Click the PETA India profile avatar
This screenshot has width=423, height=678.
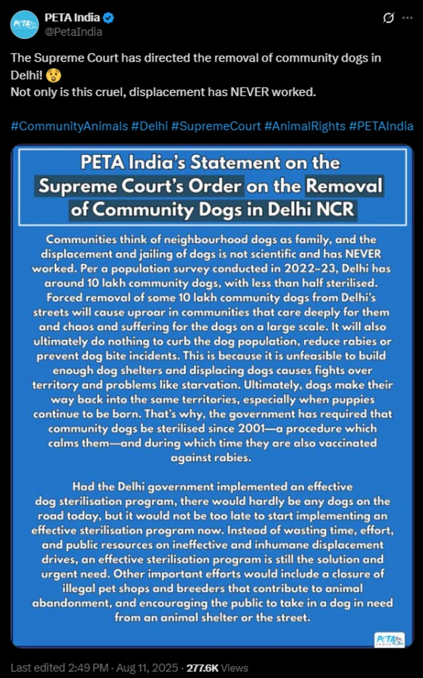pyautogui.click(x=24, y=24)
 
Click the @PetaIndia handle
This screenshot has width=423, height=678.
pyautogui.click(x=73, y=31)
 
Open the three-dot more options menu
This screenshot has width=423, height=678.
pyautogui.click(x=407, y=18)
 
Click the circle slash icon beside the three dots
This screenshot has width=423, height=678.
pyautogui.click(x=389, y=18)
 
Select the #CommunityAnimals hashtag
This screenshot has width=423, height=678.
pyautogui.click(x=68, y=126)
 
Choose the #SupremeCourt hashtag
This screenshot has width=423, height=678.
pyautogui.click(x=216, y=126)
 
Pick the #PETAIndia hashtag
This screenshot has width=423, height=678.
pyautogui.click(x=381, y=126)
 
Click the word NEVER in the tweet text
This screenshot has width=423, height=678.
pyautogui.click(x=250, y=91)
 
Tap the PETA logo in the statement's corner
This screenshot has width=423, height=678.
pyautogui.click(x=389, y=639)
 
